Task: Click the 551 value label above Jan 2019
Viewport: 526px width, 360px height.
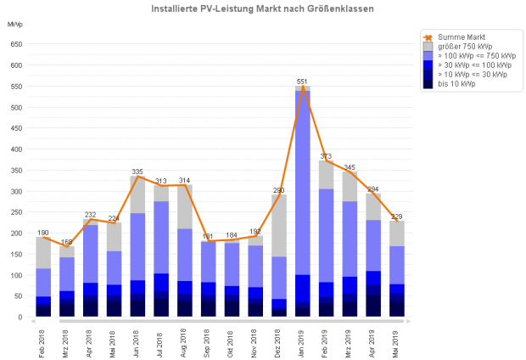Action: (x=301, y=82)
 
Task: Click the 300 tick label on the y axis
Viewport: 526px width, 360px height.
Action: (x=15, y=191)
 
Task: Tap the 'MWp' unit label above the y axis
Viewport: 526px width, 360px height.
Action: (x=15, y=23)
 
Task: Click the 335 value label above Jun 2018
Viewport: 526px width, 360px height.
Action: (x=137, y=172)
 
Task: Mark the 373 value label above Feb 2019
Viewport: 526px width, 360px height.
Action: (x=325, y=156)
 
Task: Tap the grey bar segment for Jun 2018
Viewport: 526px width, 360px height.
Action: (x=137, y=194)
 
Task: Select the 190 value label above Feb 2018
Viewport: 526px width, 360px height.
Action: (x=44, y=233)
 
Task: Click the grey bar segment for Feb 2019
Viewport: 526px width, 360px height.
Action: (x=325, y=175)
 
